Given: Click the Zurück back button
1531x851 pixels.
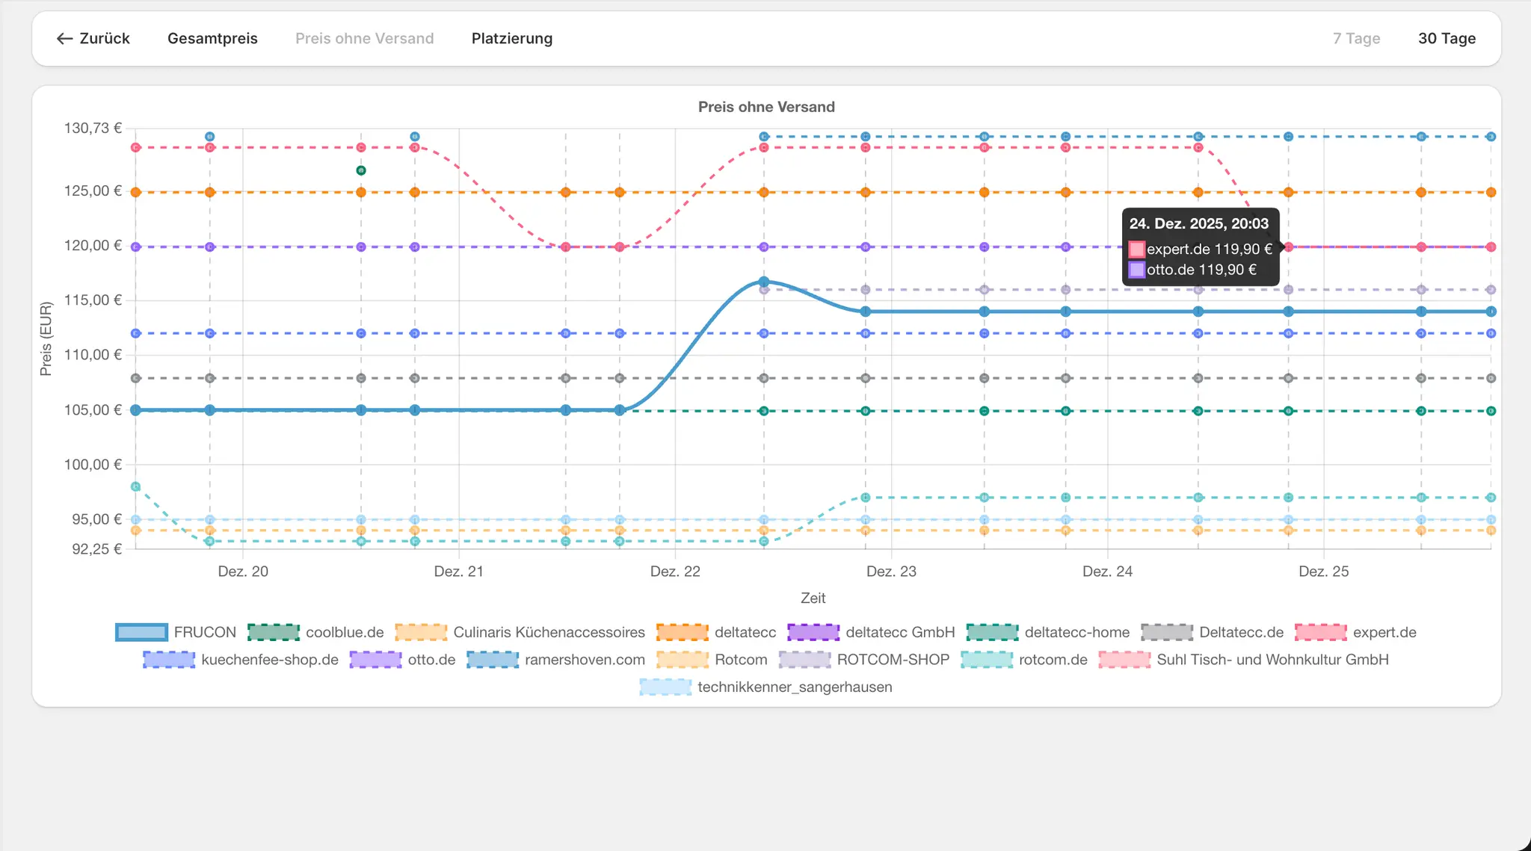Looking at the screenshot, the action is (x=93, y=39).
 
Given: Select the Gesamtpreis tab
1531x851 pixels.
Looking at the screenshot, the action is (x=212, y=39).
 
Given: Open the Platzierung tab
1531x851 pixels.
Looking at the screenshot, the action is (x=512, y=39).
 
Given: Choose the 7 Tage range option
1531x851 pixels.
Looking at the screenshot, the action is (x=1356, y=39).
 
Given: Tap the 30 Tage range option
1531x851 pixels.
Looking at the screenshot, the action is (x=1447, y=39).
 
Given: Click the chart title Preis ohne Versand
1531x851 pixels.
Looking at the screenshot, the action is (x=766, y=107).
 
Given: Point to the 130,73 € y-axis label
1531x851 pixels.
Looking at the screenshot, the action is (x=93, y=129).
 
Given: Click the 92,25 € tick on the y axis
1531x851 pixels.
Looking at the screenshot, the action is (x=96, y=549).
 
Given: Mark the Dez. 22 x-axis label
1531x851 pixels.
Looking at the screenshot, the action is (x=675, y=572).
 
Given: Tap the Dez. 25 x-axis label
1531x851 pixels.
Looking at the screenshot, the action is (x=1324, y=572).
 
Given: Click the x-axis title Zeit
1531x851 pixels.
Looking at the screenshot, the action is (x=813, y=598).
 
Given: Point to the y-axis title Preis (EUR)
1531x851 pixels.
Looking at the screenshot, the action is (x=46, y=338).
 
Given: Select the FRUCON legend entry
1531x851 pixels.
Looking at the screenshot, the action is (x=176, y=632).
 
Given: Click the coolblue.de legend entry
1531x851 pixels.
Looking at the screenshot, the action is (x=315, y=632).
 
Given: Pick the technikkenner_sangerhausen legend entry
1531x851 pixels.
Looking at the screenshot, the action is (x=765, y=687).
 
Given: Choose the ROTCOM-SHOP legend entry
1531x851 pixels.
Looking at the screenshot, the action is (x=864, y=660).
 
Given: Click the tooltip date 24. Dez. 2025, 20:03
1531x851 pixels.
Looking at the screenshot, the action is (x=1199, y=223).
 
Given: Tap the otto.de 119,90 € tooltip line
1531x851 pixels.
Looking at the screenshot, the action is (x=1193, y=270).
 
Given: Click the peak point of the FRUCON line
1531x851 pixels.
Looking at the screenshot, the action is (x=764, y=282).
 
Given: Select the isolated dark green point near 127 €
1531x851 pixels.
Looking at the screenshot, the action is (x=361, y=170).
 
